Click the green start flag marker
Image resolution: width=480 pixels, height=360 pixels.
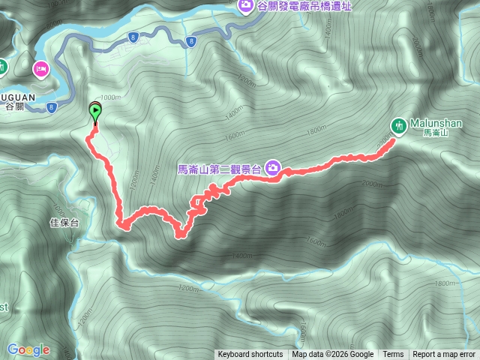[x=95, y=112]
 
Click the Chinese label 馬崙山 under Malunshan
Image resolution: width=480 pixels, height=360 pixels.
[x=435, y=133]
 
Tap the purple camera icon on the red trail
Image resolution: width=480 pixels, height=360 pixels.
[x=274, y=168]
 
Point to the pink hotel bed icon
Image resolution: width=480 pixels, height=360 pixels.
[x=40, y=70]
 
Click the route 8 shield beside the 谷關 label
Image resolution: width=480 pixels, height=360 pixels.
[x=51, y=107]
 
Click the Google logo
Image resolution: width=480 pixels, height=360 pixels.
[x=28, y=349]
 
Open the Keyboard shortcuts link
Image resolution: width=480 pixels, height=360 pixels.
[x=250, y=355]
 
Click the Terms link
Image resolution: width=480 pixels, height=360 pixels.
[x=393, y=355]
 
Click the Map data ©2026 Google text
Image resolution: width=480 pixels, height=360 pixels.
[x=333, y=355]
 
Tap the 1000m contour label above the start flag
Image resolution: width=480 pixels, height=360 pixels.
[x=109, y=97]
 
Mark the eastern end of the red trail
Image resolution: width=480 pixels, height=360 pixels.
[x=392, y=140]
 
